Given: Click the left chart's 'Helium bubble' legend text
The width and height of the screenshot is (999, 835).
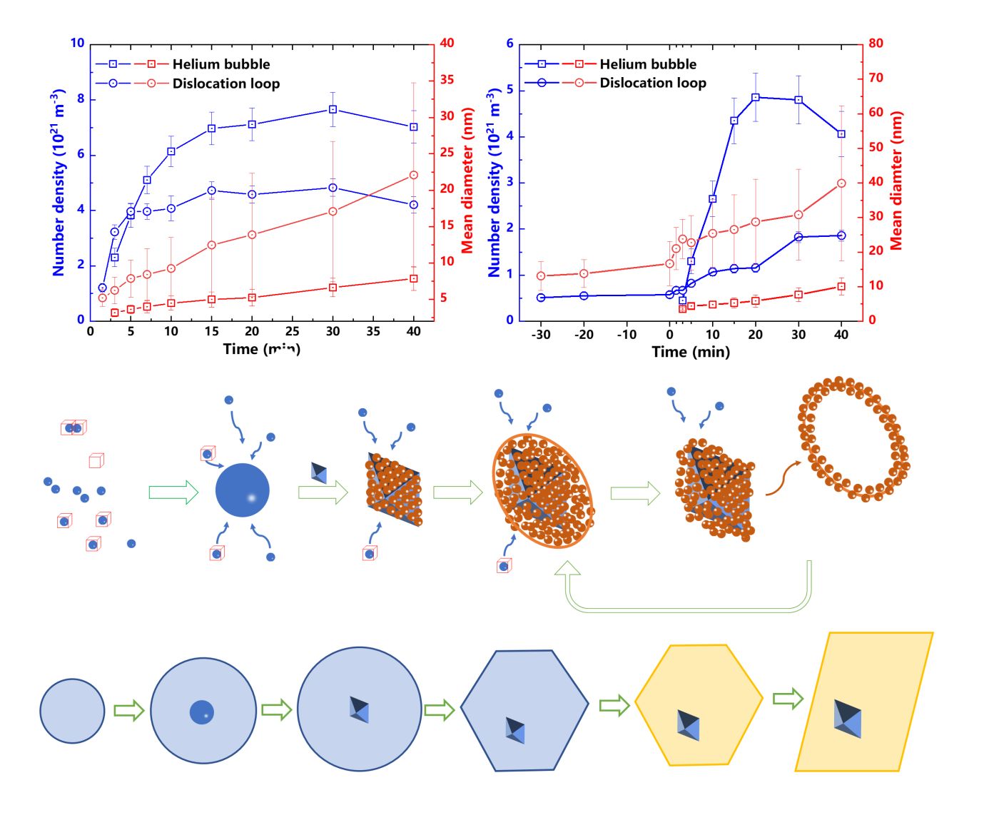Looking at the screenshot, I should point(221,64).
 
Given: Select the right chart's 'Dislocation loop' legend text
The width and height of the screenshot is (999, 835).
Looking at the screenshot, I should point(652,83).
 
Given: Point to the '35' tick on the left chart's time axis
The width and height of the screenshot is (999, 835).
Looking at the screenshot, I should point(373,331).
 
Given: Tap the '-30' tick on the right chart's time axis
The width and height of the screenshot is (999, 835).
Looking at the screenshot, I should point(541,334).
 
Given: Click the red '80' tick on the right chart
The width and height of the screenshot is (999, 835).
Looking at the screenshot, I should point(876,43).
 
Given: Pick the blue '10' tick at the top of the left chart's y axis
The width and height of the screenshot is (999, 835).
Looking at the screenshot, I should point(77,43).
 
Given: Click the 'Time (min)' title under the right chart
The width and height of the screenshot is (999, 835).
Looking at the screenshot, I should point(691,352).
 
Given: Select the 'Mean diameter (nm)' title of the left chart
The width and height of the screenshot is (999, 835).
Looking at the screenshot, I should point(467,180).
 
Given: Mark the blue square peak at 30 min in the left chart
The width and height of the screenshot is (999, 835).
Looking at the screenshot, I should point(333,109).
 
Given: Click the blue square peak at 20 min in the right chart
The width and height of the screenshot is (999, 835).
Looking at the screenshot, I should point(756,97).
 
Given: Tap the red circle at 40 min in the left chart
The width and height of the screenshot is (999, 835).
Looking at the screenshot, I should point(414,175).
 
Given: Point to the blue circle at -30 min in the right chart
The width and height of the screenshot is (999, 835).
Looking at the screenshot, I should point(541,298).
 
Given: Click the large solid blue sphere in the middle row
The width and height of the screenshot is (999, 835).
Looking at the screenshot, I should point(243,490).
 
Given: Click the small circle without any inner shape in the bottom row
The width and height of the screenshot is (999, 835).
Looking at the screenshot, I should point(72,711).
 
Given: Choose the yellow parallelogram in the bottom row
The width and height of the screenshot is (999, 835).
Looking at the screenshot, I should point(864,702).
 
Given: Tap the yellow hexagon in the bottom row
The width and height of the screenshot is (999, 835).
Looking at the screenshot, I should point(699,705).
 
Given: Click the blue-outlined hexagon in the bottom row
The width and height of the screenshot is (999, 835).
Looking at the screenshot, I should point(524,710).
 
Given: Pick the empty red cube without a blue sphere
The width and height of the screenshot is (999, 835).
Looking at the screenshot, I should point(96,461).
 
